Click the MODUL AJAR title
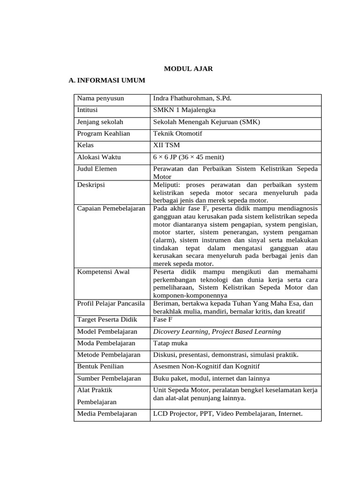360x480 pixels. tap(188, 69)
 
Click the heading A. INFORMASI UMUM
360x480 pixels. tap(106, 81)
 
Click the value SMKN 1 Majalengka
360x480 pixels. tap(184, 110)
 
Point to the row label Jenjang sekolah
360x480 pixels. tap(100, 122)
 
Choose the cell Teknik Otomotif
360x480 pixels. tap(178, 134)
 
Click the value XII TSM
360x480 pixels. tap(166, 145)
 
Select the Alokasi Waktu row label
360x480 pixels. tap(98, 157)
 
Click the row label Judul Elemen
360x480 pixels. tap(97, 169)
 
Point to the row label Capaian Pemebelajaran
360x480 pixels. tap(111, 208)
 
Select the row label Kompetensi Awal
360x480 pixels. tap(103, 272)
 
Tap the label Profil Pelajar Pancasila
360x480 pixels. tap(111, 304)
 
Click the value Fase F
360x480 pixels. tap(163, 320)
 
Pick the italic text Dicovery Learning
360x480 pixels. tap(180, 331)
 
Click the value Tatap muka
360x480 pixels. tap(170, 343)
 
